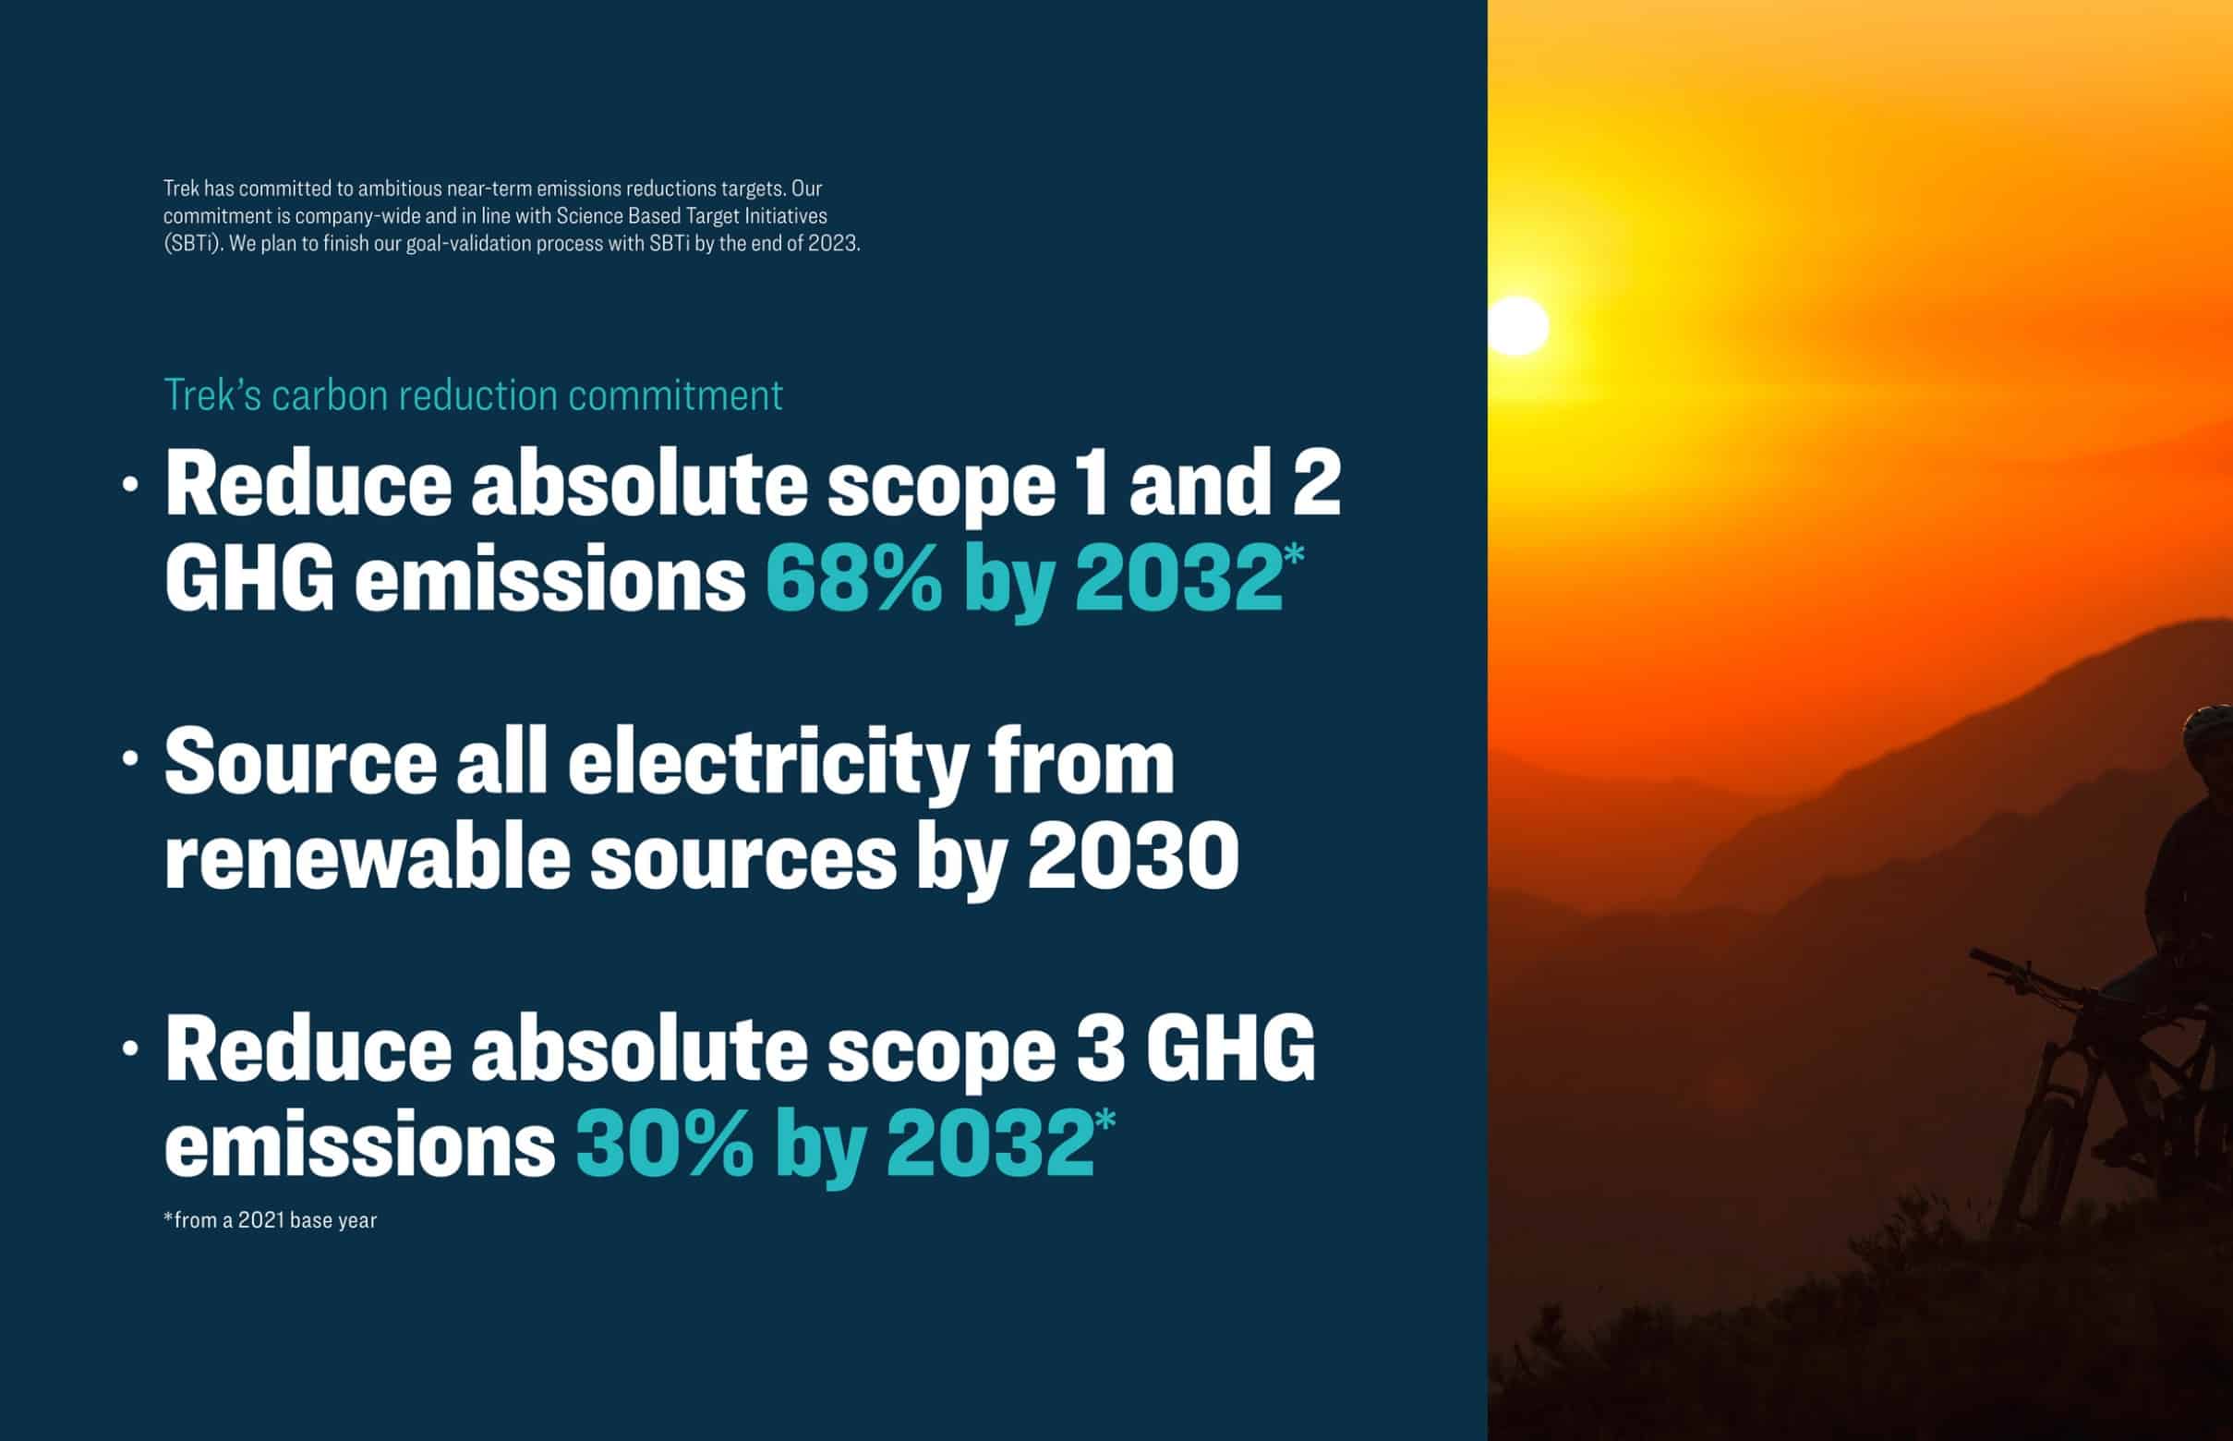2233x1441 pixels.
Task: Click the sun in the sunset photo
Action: click(1517, 326)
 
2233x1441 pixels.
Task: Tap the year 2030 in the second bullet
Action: click(1133, 858)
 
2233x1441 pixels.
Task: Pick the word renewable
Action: click(367, 858)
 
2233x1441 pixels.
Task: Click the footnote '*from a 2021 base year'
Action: click(271, 1220)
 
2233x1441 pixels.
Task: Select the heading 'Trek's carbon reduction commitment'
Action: click(474, 395)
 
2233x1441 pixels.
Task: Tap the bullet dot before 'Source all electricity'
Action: click(130, 760)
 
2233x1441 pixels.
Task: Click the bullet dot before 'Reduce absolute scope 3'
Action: click(130, 1049)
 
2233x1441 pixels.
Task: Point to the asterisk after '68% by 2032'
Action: click(1294, 555)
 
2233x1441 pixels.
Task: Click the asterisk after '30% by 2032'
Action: click(1104, 1120)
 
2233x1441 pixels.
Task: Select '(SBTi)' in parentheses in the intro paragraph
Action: click(193, 244)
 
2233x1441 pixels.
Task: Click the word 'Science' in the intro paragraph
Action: click(588, 216)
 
